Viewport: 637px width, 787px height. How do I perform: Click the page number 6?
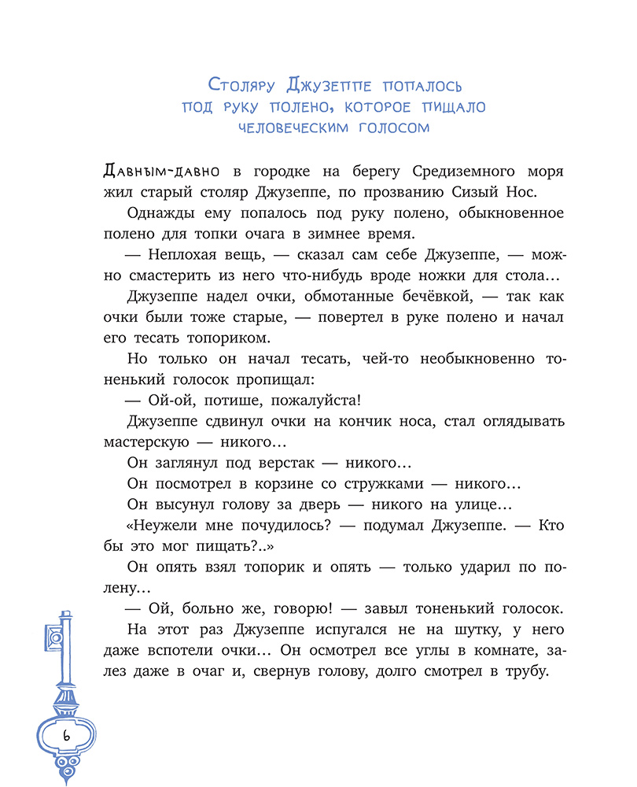[x=66, y=735]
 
